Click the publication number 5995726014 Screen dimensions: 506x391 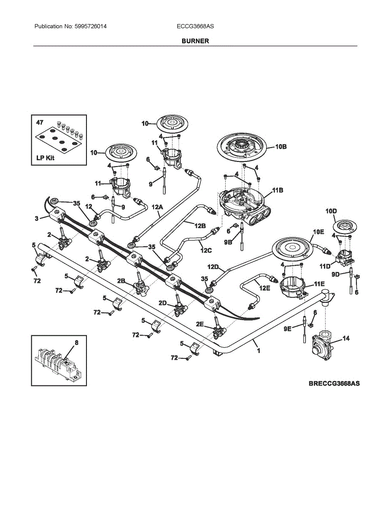(x=90, y=26)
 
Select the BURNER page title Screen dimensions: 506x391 (x=195, y=41)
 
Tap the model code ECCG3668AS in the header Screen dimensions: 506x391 (x=195, y=26)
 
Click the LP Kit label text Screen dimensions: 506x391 (x=46, y=159)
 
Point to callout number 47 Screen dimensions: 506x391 (x=40, y=123)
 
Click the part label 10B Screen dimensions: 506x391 (x=281, y=147)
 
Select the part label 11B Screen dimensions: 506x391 (x=278, y=191)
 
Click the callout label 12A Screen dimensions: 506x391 (x=157, y=207)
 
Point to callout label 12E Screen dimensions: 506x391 (x=264, y=288)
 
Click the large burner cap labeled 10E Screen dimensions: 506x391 (x=291, y=249)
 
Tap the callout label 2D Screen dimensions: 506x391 (x=163, y=303)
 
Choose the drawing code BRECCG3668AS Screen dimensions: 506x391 (x=334, y=384)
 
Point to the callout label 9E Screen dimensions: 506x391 (x=287, y=328)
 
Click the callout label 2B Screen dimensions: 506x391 (x=121, y=280)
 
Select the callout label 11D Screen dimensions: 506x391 (x=325, y=266)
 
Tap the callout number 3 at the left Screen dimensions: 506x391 (x=36, y=218)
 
